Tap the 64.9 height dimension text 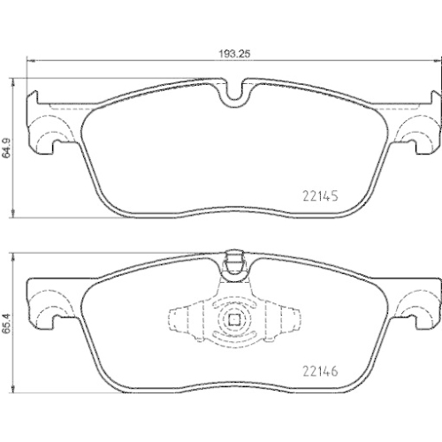(x=8, y=147)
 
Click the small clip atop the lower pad (x=234, y=262)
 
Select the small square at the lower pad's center (x=235, y=323)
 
